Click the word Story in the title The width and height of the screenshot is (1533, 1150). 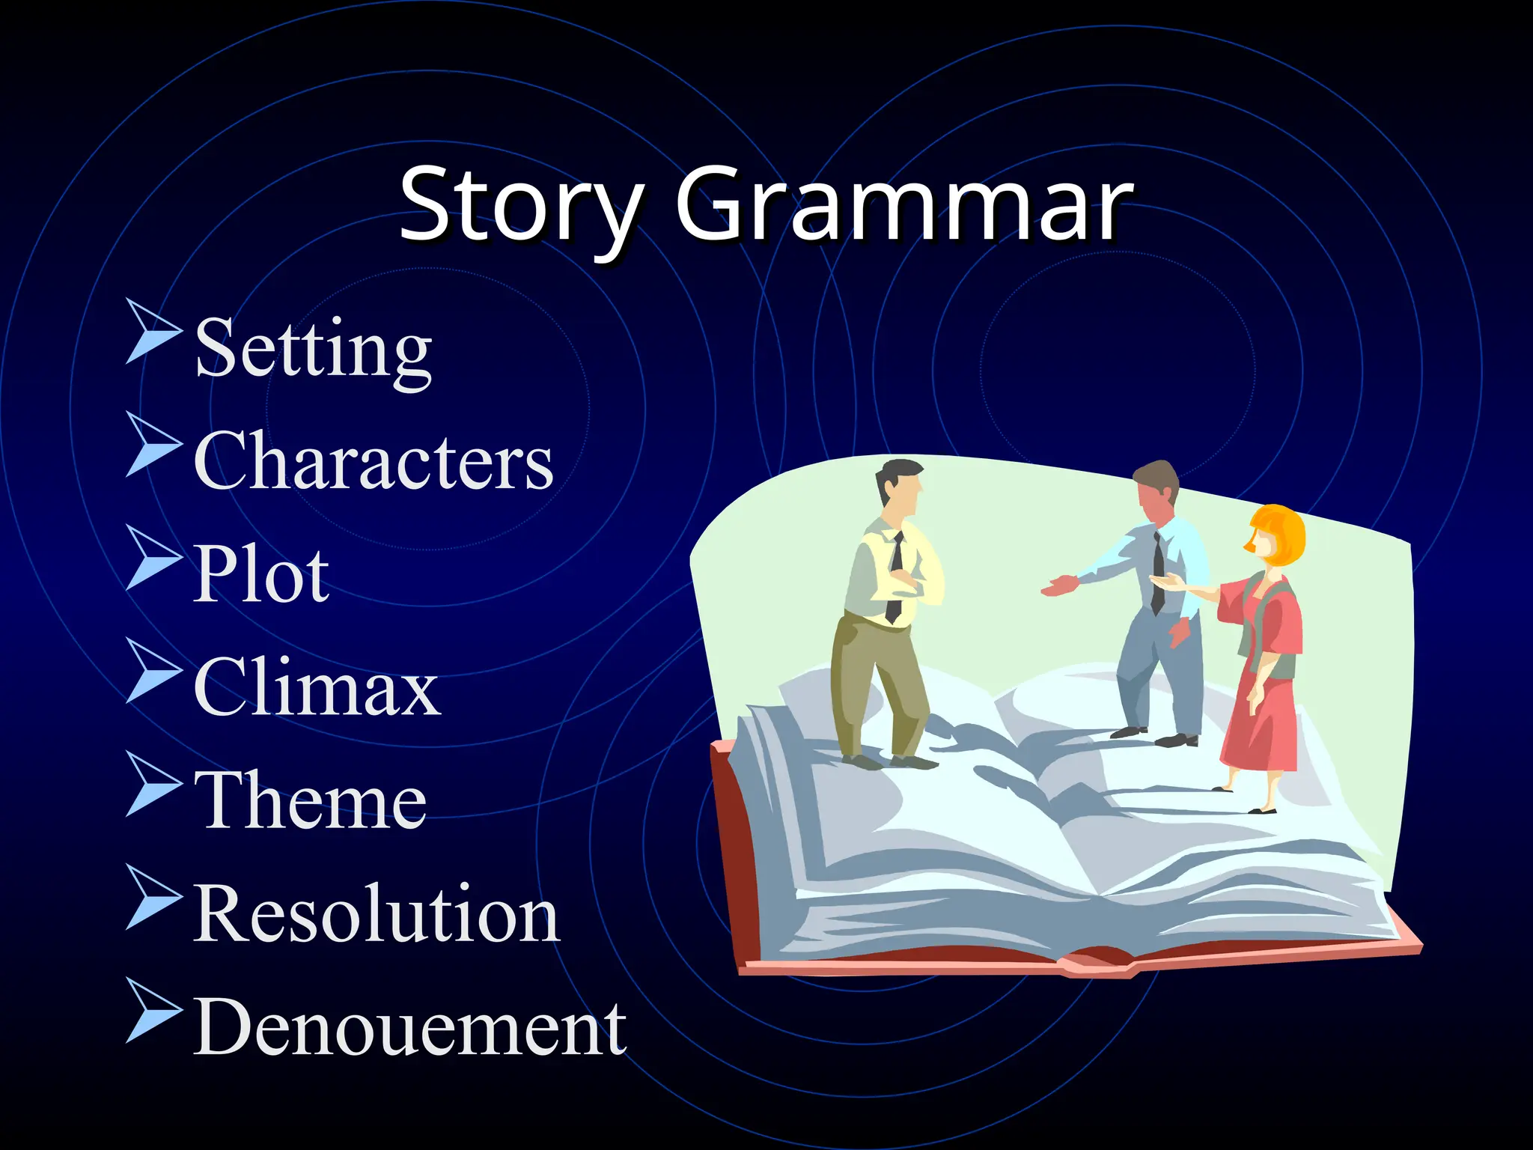click(521, 204)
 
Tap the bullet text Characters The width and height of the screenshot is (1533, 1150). click(373, 461)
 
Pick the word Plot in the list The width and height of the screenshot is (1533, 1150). click(260, 574)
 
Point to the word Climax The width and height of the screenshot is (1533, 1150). click(316, 687)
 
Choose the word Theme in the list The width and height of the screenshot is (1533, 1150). click(310, 800)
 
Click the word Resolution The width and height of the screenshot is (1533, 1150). click(376, 913)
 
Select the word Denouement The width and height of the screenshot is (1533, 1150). click(409, 1027)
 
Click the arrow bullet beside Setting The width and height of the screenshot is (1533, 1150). click(153, 330)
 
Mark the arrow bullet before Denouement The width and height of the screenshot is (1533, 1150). click(153, 1009)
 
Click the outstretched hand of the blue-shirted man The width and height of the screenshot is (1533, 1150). click(1059, 586)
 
